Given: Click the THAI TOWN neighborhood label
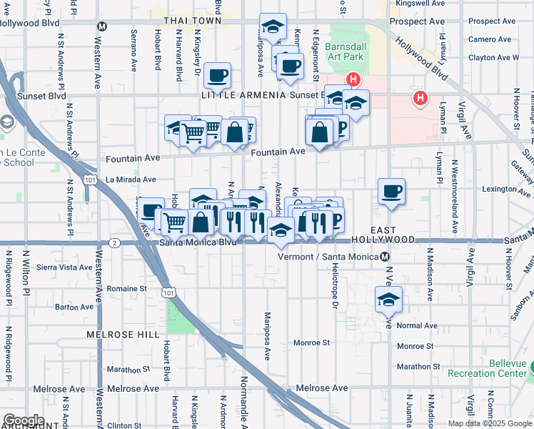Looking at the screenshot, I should tap(193, 21).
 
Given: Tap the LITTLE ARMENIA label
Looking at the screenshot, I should tap(248, 95).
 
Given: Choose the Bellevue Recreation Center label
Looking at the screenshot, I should tap(508, 368).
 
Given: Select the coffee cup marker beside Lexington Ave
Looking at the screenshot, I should tap(391, 191).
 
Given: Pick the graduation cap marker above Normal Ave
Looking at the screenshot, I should tap(388, 299).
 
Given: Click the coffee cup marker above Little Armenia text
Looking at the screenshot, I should tap(217, 74).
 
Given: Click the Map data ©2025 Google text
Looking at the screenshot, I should tap(490, 423).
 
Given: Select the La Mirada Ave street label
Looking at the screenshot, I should tap(131, 179).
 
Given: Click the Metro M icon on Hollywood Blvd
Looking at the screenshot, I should tap(102, 26).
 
